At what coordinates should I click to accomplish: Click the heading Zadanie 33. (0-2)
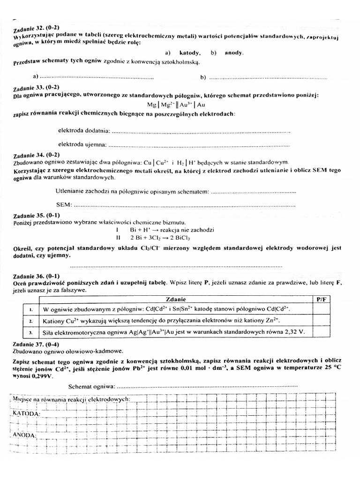(37, 88)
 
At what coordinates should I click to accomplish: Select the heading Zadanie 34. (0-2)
(37, 155)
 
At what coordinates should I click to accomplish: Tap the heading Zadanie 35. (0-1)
(37, 216)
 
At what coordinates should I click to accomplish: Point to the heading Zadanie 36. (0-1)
(37, 277)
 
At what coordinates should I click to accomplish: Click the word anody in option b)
(234, 53)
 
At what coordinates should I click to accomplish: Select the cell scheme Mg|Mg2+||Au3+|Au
(176, 105)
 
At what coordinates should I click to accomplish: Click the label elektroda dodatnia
(84, 130)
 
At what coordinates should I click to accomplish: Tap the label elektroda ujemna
(82, 143)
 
